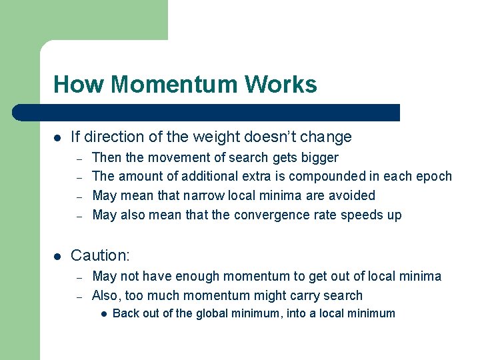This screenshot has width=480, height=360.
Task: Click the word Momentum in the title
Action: (x=175, y=85)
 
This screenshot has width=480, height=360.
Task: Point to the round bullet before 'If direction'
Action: (x=58, y=137)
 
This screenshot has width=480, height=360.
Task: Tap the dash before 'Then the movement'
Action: (x=79, y=159)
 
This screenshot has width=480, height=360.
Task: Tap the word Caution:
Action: (x=99, y=255)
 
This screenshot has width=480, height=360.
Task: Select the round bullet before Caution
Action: (x=58, y=256)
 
